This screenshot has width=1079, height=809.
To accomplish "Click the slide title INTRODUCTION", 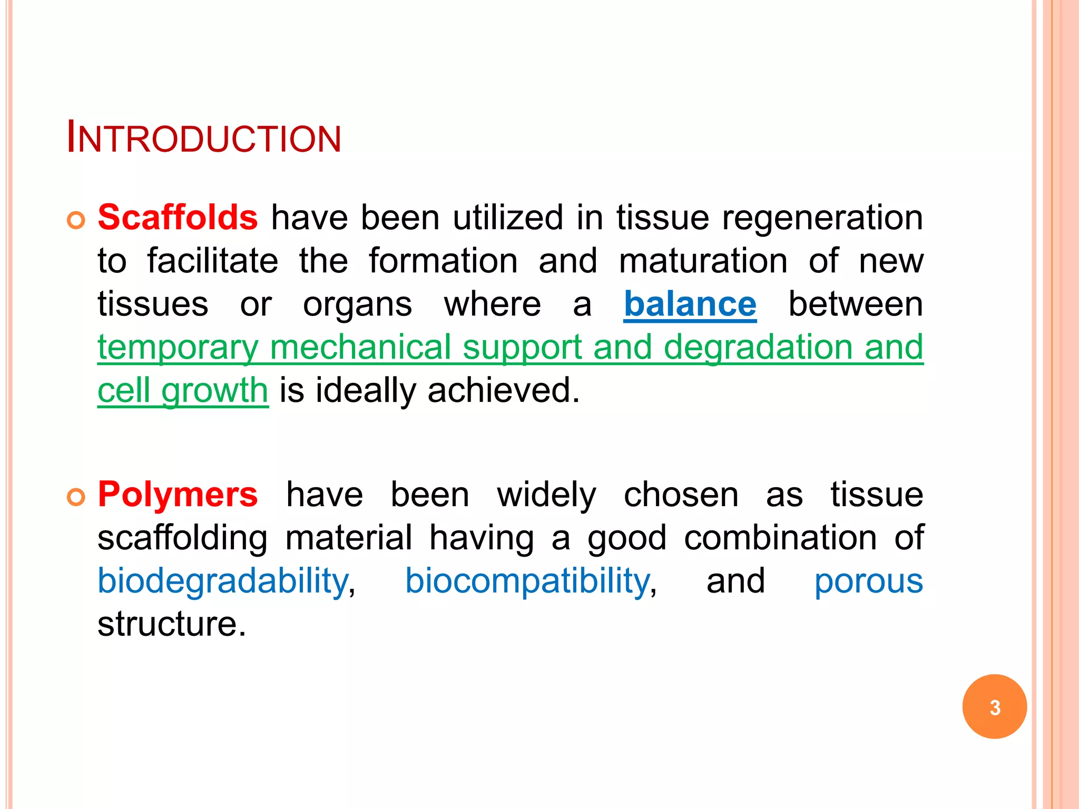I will point(204,139).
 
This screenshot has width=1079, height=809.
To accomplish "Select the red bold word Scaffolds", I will point(178,217).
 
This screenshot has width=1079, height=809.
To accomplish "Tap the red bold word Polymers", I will point(178,495).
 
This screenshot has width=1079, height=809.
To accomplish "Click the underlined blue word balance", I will point(690,304).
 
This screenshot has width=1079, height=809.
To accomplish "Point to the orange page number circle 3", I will point(994,706).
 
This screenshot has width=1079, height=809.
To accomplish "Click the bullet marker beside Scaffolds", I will point(76,220).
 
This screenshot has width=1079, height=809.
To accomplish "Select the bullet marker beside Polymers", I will point(76,497).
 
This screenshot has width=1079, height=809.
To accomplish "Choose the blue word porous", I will point(868,581).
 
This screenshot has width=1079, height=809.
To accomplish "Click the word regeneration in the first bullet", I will point(822,218).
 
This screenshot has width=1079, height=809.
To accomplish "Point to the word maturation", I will point(703,261).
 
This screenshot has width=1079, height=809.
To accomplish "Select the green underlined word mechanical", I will point(360,348).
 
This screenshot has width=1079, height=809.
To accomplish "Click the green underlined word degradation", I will point(758,348).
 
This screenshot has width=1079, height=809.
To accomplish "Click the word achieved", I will point(503,391).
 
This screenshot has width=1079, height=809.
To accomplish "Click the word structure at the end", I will point(172,624).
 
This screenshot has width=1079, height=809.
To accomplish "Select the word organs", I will point(357,305).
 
